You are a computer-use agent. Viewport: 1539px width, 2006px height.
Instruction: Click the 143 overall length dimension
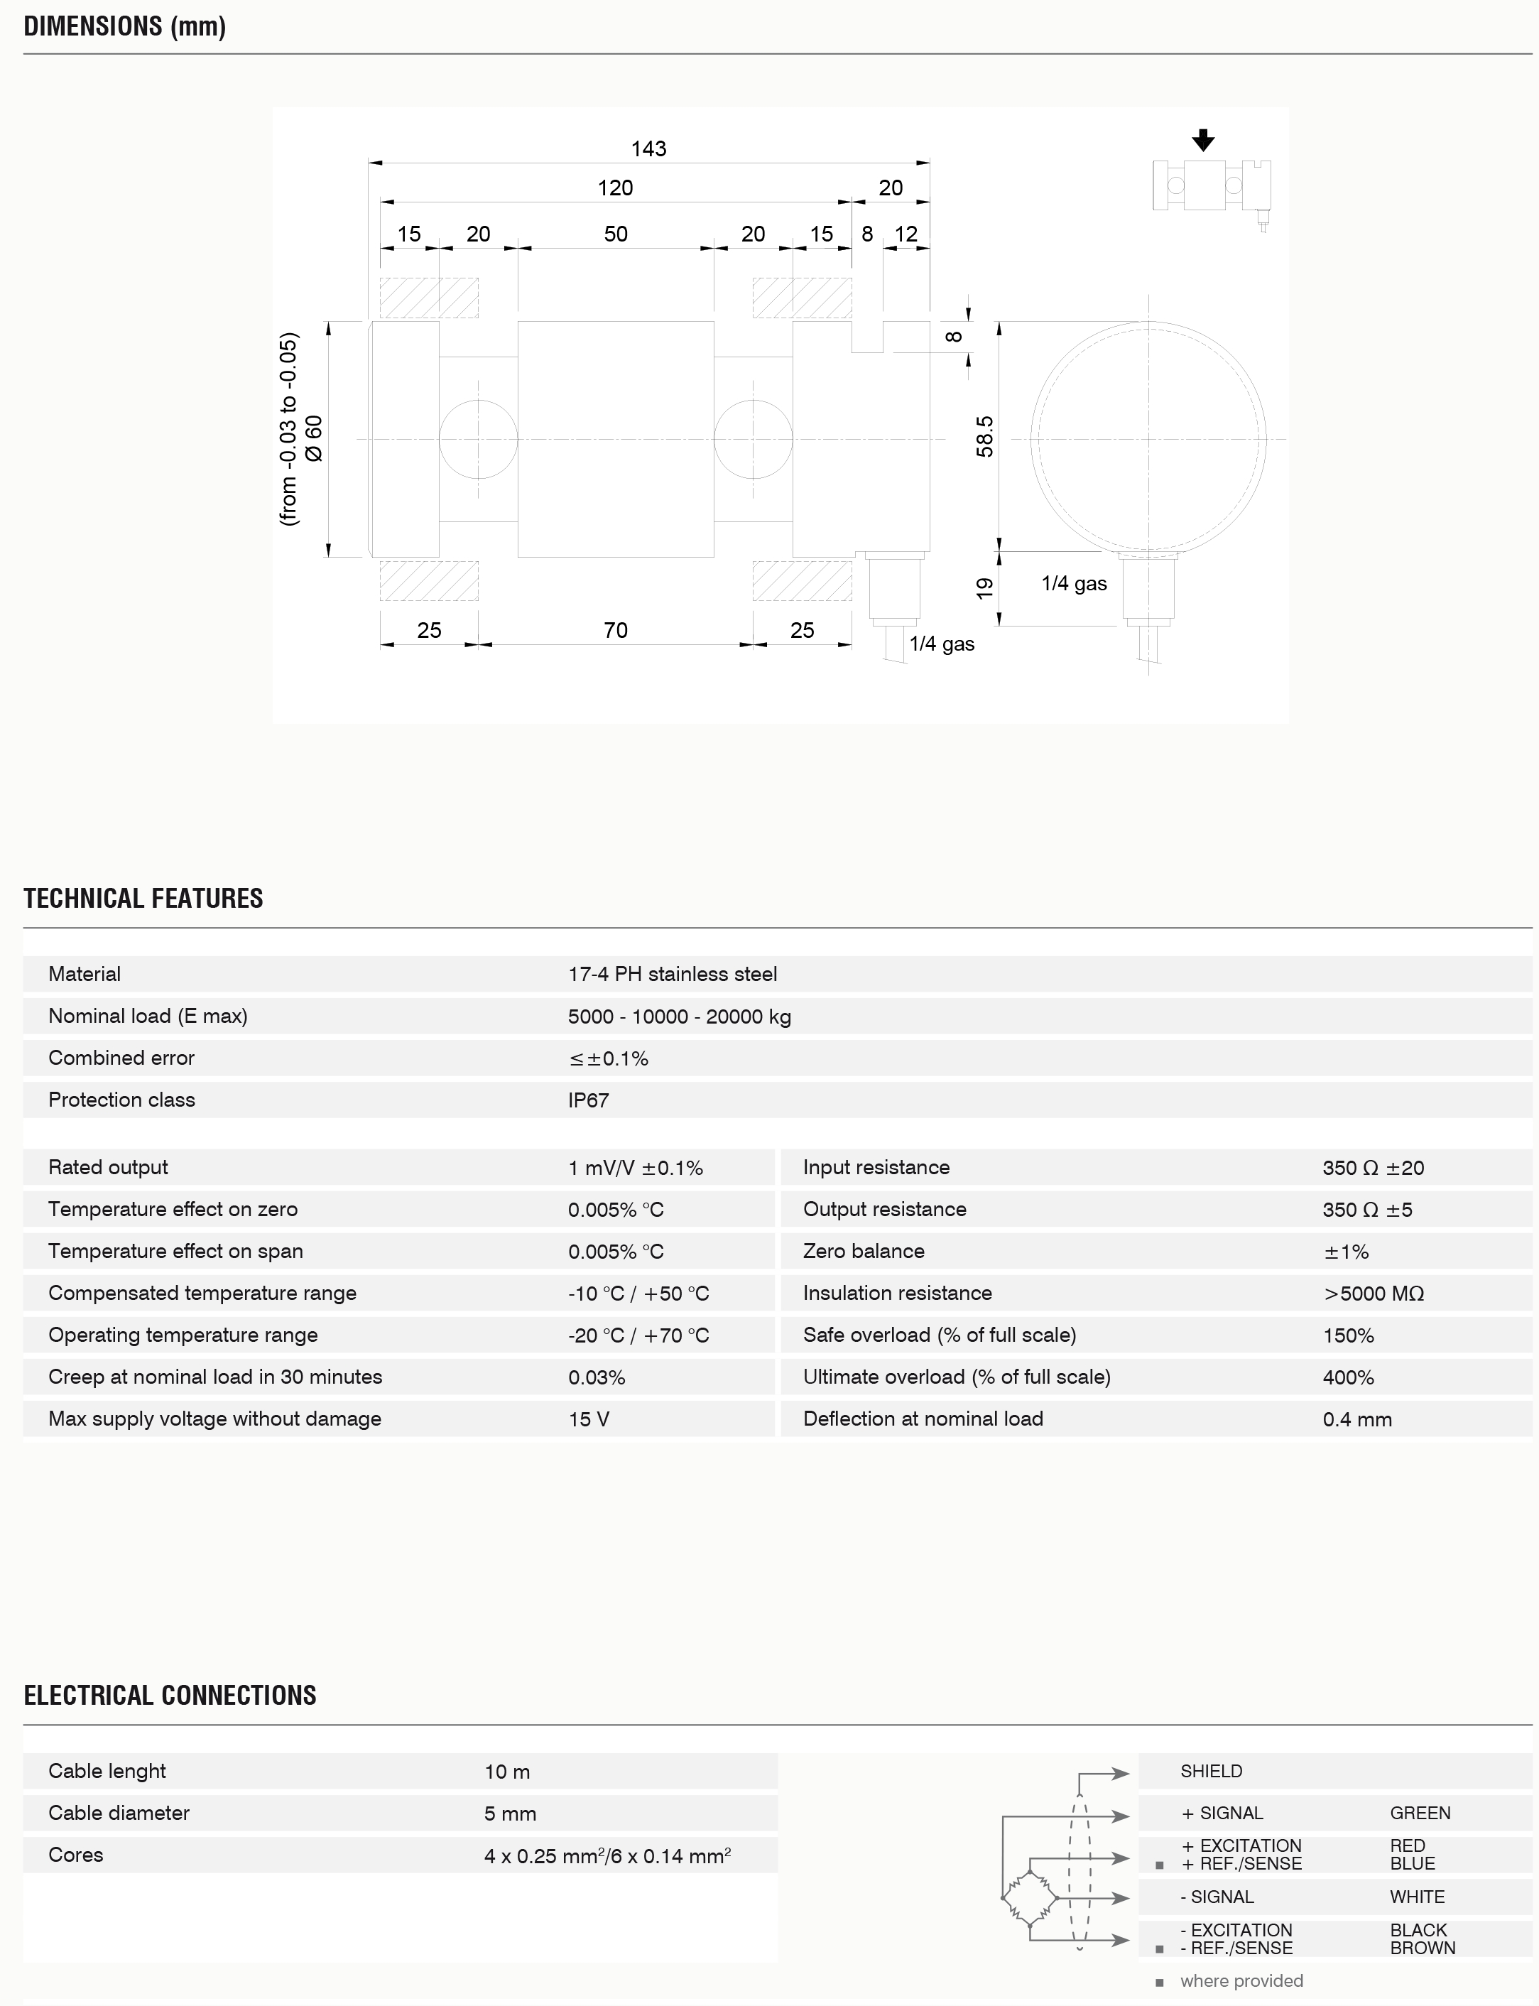pyautogui.click(x=648, y=148)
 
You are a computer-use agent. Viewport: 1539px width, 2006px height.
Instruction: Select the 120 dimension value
pyautogui.click(x=615, y=188)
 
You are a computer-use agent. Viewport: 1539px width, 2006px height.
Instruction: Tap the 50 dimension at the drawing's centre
pyautogui.click(x=616, y=234)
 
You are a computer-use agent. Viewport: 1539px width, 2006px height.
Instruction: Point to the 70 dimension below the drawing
pyautogui.click(x=616, y=630)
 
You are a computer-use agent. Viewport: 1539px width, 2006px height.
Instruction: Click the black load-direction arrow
pyautogui.click(x=1203, y=140)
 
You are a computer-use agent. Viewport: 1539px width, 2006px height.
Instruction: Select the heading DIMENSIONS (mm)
pyautogui.click(x=124, y=26)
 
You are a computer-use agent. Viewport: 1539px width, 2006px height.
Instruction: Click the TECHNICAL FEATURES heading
pyautogui.click(x=143, y=898)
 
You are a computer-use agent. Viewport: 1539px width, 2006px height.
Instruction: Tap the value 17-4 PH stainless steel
pyautogui.click(x=673, y=974)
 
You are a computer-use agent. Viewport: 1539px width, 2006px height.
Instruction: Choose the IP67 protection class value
pyautogui.click(x=588, y=1100)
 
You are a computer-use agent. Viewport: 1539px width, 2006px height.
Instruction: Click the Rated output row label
pyautogui.click(x=108, y=1167)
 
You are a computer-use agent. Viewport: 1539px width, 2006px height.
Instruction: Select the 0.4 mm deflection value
pyautogui.click(x=1356, y=1419)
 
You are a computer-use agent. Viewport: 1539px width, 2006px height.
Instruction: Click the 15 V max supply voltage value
pyautogui.click(x=588, y=1419)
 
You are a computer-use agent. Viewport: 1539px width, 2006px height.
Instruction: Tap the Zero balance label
pyautogui.click(x=864, y=1251)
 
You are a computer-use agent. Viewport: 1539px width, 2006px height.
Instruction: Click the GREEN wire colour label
pyautogui.click(x=1420, y=1813)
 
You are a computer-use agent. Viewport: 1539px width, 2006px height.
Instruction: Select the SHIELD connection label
pyautogui.click(x=1211, y=1771)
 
